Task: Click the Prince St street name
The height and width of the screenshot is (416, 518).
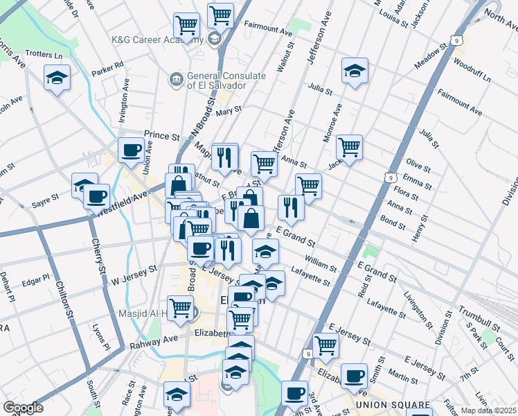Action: pyautogui.click(x=161, y=135)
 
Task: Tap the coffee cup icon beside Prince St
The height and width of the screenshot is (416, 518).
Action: pyautogui.click(x=130, y=150)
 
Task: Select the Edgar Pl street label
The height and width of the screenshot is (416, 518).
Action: pyautogui.click(x=36, y=281)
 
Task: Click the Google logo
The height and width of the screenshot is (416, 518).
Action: pyautogui.click(x=23, y=408)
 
